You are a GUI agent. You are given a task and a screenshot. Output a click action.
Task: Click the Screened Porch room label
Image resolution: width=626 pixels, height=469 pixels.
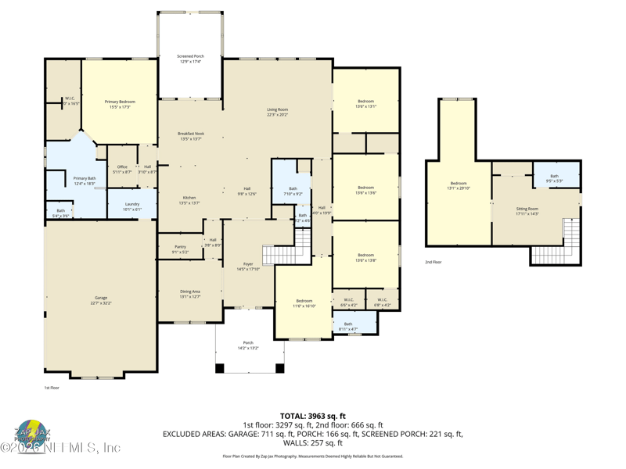(189, 59)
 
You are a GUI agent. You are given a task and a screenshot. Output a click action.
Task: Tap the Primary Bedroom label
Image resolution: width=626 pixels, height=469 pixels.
(121, 104)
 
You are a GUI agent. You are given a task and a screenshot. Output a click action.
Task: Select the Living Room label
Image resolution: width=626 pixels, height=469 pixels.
(277, 112)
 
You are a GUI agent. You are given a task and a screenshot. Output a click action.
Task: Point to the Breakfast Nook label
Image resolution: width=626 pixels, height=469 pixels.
(191, 136)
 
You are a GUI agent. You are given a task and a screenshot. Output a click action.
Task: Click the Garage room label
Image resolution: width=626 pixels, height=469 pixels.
(101, 299)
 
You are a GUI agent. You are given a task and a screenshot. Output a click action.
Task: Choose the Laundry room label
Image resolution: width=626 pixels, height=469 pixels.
(132, 206)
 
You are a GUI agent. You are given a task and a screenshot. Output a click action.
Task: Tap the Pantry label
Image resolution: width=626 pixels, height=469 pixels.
(180, 249)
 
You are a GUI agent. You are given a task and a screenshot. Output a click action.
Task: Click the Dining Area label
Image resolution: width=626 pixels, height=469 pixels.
(190, 294)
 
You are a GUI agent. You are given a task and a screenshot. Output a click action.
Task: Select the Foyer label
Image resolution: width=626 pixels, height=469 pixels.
(247, 267)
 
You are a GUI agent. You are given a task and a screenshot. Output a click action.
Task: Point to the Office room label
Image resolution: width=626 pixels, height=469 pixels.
(122, 169)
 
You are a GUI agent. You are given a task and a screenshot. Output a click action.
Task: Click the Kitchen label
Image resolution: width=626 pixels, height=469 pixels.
(189, 200)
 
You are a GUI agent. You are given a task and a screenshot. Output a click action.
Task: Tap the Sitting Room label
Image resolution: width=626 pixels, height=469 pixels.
(527, 211)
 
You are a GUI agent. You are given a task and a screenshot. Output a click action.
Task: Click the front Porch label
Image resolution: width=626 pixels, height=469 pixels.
(248, 345)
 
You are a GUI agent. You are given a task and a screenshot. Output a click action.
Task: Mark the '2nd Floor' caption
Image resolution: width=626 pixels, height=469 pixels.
(433, 263)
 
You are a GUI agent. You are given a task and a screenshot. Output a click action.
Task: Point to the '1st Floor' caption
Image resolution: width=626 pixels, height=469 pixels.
(51, 387)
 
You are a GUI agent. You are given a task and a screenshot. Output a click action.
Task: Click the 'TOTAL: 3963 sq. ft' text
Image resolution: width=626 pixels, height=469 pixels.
(312, 416)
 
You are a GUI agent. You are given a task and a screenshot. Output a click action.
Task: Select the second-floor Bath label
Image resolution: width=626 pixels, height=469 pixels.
(554, 178)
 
